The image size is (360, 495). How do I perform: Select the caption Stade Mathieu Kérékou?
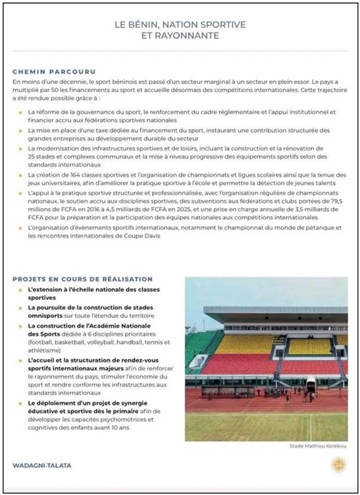tap(317, 445)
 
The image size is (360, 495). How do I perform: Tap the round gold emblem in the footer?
tap(338, 466)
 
